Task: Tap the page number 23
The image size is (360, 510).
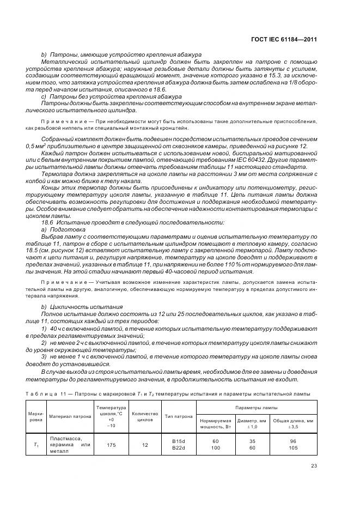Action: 314,465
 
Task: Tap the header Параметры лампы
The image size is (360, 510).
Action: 256,408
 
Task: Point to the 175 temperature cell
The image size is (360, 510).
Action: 111,445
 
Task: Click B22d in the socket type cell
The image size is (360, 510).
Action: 179,448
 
